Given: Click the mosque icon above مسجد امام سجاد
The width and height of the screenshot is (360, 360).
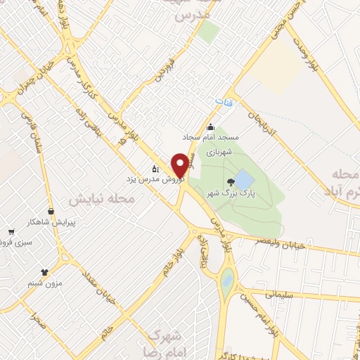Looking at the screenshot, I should (211, 127).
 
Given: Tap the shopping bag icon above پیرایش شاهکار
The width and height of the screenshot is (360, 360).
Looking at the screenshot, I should (50, 211).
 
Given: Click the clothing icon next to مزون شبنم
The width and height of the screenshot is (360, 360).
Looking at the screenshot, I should (45, 270).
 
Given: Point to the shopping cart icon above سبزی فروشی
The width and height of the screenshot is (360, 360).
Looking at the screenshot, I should (11, 232).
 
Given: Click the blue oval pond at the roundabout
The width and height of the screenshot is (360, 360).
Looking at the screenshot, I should (226, 281).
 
